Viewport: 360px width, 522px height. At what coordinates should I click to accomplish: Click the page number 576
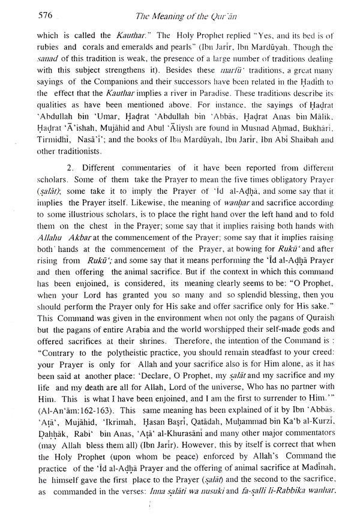[29, 11]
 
